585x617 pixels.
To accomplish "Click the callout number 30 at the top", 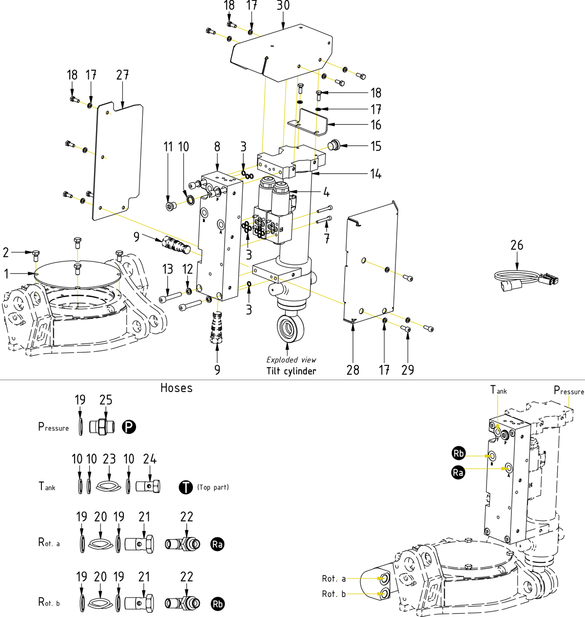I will pyautogui.click(x=283, y=5).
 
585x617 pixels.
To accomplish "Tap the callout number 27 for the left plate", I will pyautogui.click(x=122, y=75).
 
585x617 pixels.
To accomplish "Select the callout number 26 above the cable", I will pyautogui.click(x=517, y=245).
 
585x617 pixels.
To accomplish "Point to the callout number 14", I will pyautogui.click(x=375, y=174).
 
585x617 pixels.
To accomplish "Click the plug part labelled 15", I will pyautogui.click(x=334, y=145).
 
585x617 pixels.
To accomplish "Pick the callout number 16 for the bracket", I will pyautogui.click(x=376, y=125).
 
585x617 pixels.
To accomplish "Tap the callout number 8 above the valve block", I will pyautogui.click(x=217, y=147).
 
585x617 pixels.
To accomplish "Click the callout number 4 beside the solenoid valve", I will pyautogui.click(x=326, y=192).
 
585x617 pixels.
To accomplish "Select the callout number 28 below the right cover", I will pyautogui.click(x=353, y=370).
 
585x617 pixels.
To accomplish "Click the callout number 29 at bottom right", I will pyautogui.click(x=408, y=370).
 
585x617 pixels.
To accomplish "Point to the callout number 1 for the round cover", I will pyautogui.click(x=6, y=274).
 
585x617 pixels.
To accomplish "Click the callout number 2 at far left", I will pyautogui.click(x=6, y=252).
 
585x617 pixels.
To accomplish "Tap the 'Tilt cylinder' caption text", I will pyautogui.click(x=291, y=371).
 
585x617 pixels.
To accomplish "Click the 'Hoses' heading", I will pyautogui.click(x=176, y=388).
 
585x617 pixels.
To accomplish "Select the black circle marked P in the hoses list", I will pyautogui.click(x=129, y=427).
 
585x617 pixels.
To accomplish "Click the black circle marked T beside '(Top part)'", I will pyautogui.click(x=186, y=487).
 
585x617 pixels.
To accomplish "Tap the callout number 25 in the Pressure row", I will pyautogui.click(x=106, y=400).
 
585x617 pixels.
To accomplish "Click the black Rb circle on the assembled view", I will pyautogui.click(x=458, y=453).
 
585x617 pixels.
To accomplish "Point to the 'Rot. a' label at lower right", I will pyautogui.click(x=334, y=579).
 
